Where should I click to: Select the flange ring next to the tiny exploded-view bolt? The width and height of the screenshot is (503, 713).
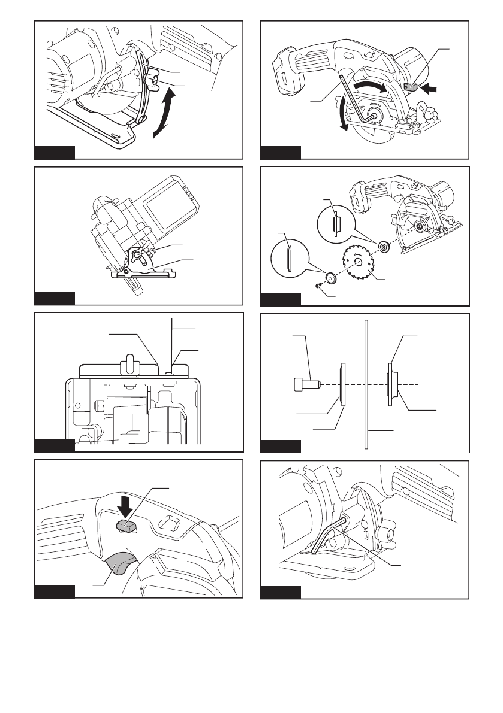[330, 278]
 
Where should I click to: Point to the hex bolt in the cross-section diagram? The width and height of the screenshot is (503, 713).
[303, 383]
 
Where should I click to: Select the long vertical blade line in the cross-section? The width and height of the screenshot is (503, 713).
[365, 383]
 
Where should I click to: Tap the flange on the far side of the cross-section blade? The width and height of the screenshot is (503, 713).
[390, 383]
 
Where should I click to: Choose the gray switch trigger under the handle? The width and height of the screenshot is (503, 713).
[121, 563]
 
